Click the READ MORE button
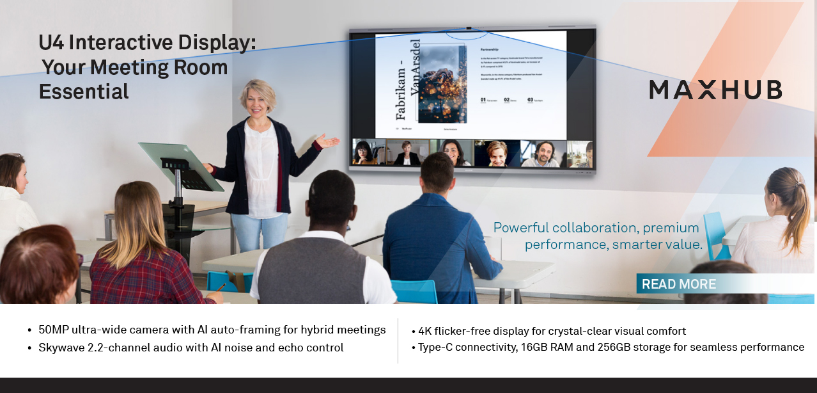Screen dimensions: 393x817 point(679,284)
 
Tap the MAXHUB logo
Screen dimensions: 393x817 point(715,90)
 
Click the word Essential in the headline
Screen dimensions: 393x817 point(84,92)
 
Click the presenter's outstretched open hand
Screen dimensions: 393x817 point(328,141)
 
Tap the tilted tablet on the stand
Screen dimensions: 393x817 point(181,166)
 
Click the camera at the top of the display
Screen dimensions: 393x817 point(469,28)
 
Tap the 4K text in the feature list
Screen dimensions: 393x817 point(426,332)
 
